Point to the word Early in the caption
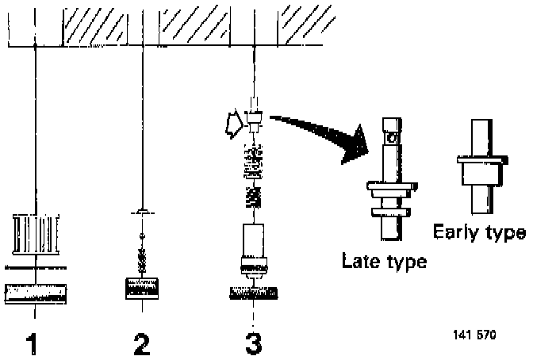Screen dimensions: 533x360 [x=455, y=232]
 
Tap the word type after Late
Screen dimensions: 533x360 [x=404, y=261]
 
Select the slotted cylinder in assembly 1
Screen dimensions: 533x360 [x=36, y=232]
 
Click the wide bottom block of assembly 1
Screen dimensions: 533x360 [x=36, y=293]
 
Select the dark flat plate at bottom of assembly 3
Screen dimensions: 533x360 [x=254, y=293]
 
